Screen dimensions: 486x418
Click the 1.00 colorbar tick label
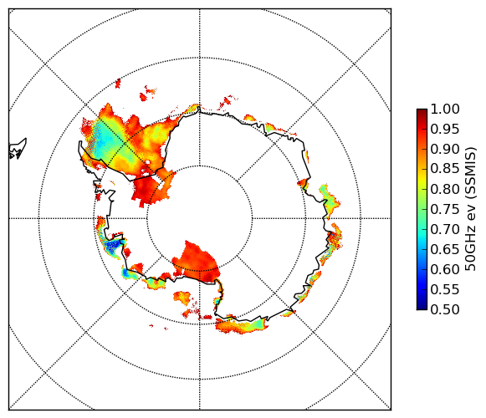click(445, 109)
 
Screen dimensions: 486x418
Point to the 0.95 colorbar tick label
click(445, 130)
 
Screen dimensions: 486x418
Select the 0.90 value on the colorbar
click(445, 149)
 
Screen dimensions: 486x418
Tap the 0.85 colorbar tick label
click(445, 169)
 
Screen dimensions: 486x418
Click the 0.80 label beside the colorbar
click(445, 189)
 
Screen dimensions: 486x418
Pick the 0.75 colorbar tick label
click(445, 210)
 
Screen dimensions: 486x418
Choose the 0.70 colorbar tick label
click(445, 230)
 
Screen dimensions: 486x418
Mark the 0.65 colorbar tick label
click(445, 249)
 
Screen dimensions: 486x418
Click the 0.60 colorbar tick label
click(445, 269)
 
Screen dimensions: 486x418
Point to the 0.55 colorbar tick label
click(445, 290)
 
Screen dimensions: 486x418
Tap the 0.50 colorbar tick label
click(445, 309)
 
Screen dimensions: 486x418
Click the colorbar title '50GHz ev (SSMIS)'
click(470, 209)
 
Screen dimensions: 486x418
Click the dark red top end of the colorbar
click(422, 111)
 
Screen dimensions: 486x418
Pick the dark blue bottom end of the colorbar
click(422, 307)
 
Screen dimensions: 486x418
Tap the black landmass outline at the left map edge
click(18, 150)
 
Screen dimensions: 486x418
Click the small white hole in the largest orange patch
click(148, 162)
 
